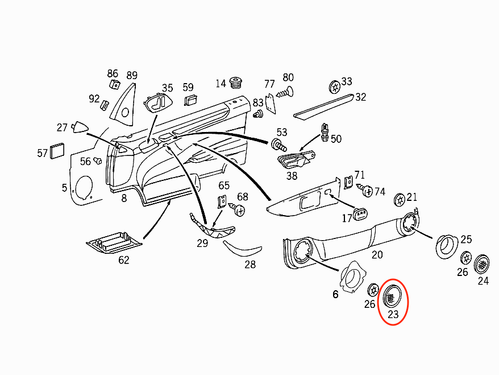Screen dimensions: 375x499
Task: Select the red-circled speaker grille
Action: [x=391, y=296]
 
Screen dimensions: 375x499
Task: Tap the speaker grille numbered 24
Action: [x=483, y=263]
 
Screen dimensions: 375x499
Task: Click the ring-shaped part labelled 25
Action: [x=446, y=246]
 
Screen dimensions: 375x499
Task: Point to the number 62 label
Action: [x=123, y=260]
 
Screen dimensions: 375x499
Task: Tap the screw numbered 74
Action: [x=367, y=191]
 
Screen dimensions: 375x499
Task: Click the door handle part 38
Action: [x=295, y=160]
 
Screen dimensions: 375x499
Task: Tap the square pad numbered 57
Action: [x=58, y=150]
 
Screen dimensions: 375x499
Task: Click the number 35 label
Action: [x=167, y=88]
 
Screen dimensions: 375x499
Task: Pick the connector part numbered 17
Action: [x=361, y=214]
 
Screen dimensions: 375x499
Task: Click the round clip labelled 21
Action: [x=400, y=199]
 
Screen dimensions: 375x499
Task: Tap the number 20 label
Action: [x=377, y=254]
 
